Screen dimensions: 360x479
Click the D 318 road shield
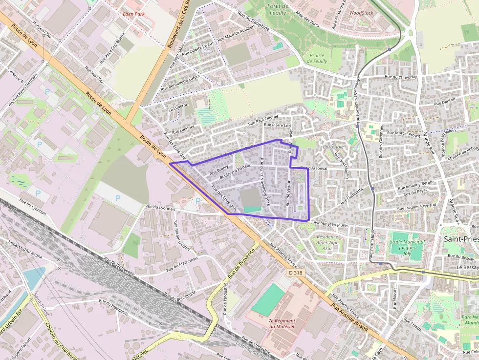tap(295, 273)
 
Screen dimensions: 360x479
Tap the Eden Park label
tap(134, 14)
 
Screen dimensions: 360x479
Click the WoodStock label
tap(362, 13)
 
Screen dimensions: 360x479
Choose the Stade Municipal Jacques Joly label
tap(408, 244)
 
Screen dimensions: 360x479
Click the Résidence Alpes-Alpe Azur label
tap(327, 242)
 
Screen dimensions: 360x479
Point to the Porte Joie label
tap(333, 147)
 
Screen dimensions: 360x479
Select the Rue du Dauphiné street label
tap(253, 22)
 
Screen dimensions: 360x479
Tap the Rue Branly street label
tap(219, 169)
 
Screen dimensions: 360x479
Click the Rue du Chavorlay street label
tap(401, 77)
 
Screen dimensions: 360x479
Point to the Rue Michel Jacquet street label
tap(182, 234)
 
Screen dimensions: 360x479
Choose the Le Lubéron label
tap(177, 107)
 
